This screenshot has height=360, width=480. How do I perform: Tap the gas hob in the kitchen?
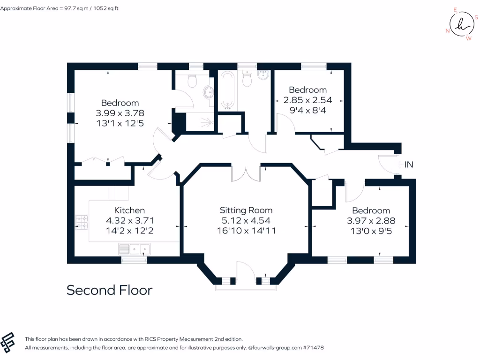coord(82,222)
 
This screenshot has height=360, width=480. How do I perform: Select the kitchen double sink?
coord(135,248)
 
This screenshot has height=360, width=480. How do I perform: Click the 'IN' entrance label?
coord(409,165)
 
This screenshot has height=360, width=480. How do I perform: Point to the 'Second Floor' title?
coord(109,290)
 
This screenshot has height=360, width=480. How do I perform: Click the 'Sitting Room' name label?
coord(246,210)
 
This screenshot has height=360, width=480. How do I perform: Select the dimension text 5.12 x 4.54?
coord(246,220)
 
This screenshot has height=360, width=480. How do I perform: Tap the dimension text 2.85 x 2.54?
coord(307,100)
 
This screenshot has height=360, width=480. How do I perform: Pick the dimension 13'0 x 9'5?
coord(371,231)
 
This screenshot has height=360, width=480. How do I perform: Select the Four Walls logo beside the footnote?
coord(9,342)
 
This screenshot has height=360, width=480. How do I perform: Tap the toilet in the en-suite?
coord(192,82)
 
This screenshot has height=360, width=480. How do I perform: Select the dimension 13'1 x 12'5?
coord(120,123)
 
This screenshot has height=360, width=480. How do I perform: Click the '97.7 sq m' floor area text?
coord(77,8)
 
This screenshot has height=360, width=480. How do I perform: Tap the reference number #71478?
coord(313,348)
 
